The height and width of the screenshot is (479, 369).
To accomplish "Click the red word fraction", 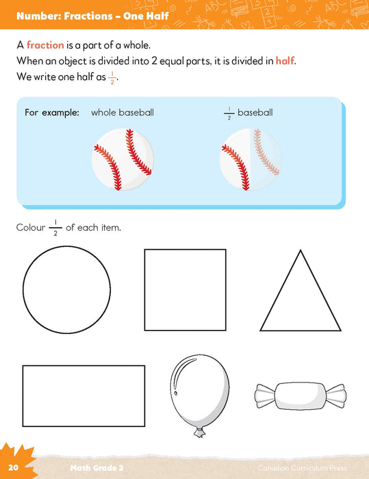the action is click(x=45, y=45).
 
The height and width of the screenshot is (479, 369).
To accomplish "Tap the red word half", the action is click(x=285, y=60).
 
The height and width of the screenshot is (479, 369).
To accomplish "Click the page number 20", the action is click(x=14, y=467).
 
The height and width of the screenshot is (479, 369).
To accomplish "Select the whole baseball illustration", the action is click(x=123, y=159).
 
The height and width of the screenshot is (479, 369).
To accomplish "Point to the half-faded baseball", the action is click(x=251, y=159).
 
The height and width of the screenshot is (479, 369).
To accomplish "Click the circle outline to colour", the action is click(x=23, y=289).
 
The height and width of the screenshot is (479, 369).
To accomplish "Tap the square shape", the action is click(x=144, y=290).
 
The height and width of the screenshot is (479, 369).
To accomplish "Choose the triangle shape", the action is click(x=280, y=290).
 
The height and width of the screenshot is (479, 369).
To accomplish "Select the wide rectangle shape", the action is click(x=23, y=396).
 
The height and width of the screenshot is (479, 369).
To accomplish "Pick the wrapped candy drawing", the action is click(x=301, y=396).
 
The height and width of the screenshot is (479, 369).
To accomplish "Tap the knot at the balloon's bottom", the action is click(x=200, y=433).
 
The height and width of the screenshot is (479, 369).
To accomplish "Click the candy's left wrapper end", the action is click(x=265, y=396).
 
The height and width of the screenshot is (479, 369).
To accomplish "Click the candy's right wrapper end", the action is click(x=337, y=396).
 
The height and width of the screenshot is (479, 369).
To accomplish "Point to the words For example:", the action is click(x=52, y=113).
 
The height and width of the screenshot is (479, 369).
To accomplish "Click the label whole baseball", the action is click(x=123, y=112).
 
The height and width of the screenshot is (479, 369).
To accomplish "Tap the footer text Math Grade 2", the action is click(x=97, y=467).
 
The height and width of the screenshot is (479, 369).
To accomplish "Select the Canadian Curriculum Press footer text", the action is click(x=303, y=467).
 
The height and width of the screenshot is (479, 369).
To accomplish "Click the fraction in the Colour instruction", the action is click(x=55, y=228).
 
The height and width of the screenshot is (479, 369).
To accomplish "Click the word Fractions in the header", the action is click(x=88, y=16).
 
